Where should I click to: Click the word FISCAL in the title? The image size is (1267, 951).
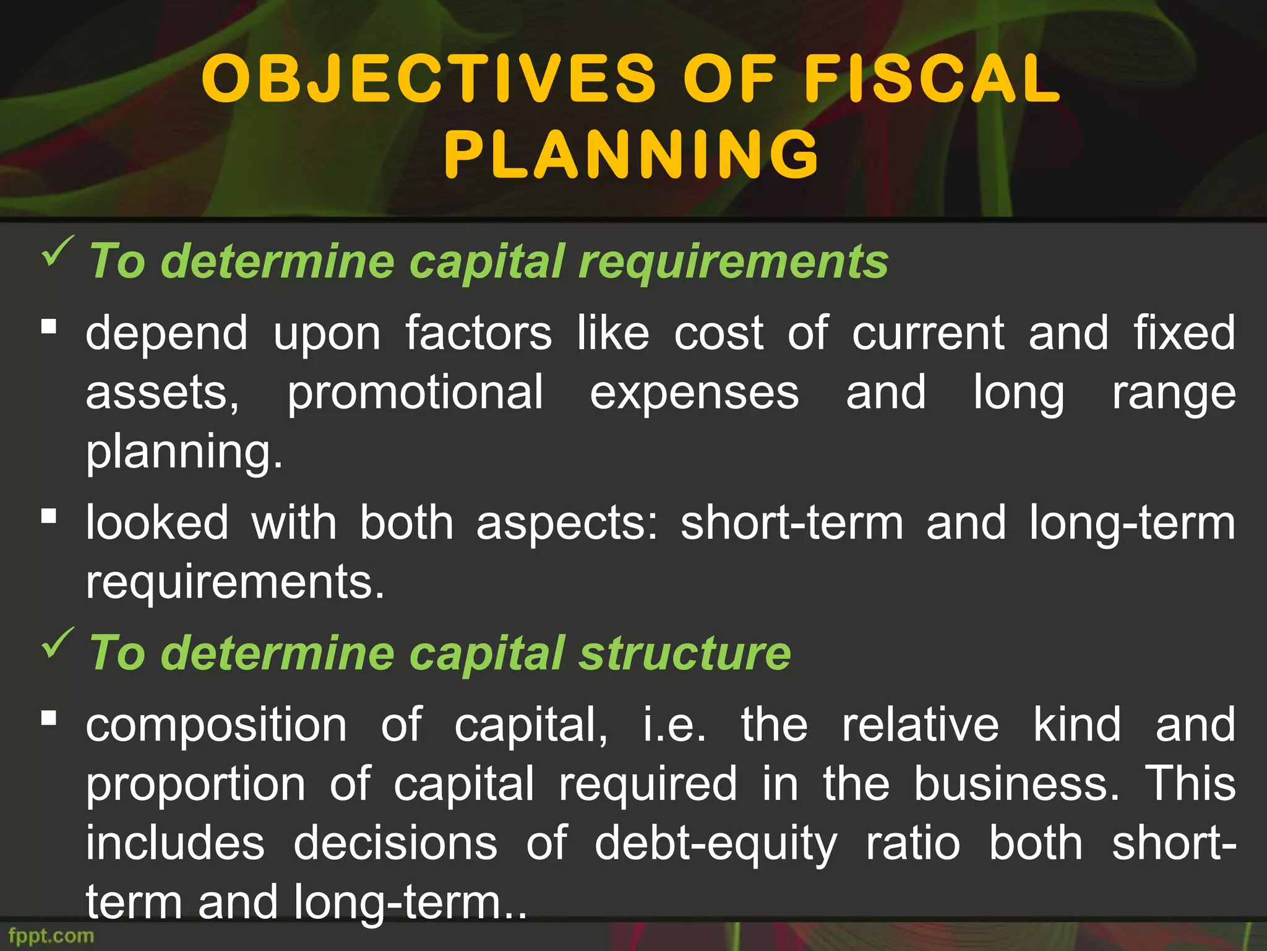pos(932,79)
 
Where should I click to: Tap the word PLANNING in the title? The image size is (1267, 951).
pos(632,154)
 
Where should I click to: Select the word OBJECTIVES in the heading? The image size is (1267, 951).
pos(428,79)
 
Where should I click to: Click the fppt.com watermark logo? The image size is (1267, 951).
pos(51,936)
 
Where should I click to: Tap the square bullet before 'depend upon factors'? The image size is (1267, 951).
pos(49,326)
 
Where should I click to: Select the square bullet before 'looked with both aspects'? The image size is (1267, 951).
pos(49,515)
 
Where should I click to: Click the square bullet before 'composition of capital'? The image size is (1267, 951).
pos(49,718)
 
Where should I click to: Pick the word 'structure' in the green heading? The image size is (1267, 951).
pos(685,653)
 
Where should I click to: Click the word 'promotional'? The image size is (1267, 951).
pos(415,393)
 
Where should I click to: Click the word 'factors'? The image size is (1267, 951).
pos(478,333)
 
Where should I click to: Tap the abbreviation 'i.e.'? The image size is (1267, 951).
pos(674,724)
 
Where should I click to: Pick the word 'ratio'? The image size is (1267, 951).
pos(913,844)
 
